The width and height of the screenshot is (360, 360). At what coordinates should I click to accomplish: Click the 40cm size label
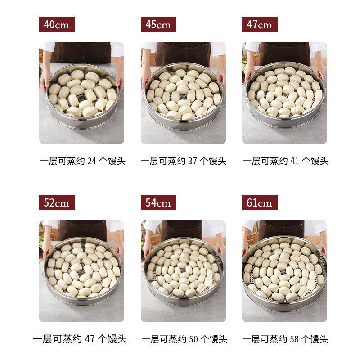click(57, 24)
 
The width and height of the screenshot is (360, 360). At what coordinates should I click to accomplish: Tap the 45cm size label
click(158, 24)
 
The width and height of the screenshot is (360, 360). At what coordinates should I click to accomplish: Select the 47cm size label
click(260, 24)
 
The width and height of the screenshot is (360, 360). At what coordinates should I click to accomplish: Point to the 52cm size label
click(57, 202)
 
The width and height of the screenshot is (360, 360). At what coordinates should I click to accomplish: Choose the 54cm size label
click(158, 202)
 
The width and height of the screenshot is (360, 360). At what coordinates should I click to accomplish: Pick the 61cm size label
click(260, 202)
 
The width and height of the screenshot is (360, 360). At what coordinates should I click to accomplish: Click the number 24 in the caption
click(92, 161)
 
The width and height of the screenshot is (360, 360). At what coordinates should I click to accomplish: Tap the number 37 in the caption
click(193, 161)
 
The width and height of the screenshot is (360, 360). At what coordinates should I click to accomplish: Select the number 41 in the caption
click(295, 161)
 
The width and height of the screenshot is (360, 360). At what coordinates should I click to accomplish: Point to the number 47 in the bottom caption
click(90, 339)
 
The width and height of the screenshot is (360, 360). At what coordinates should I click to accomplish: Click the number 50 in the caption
click(193, 339)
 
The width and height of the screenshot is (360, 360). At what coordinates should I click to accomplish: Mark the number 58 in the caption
click(294, 339)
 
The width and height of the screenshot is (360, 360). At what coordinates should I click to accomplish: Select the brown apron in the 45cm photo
click(184, 54)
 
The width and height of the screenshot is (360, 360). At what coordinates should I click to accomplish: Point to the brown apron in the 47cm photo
click(285, 53)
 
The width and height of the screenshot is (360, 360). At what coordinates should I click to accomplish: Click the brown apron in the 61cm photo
click(282, 229)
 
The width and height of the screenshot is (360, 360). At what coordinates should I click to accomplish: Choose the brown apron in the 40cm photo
click(81, 53)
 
